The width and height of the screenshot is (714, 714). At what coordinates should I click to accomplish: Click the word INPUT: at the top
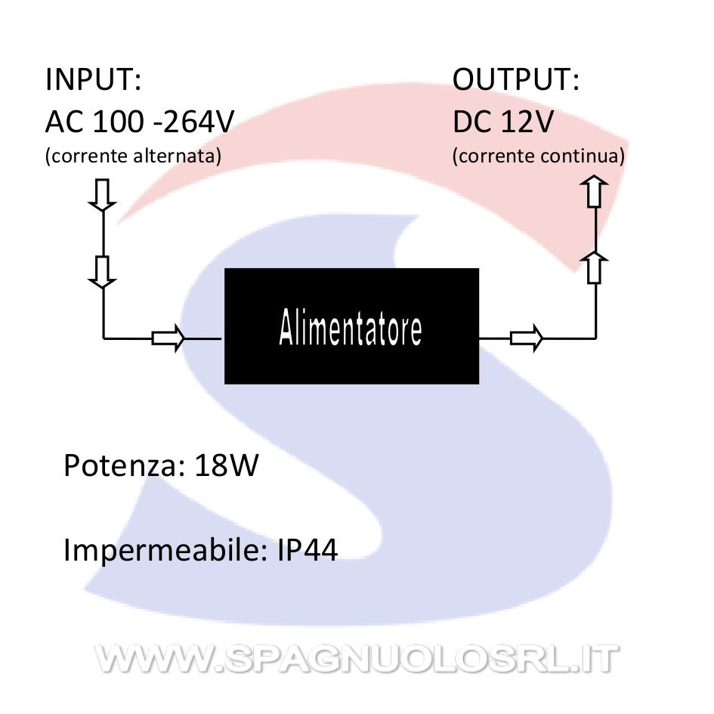[94, 79]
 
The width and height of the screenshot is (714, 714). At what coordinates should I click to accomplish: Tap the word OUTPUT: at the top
[516, 79]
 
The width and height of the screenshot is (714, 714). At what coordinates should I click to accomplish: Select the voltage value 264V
[199, 122]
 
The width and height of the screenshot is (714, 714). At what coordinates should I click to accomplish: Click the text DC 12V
[503, 122]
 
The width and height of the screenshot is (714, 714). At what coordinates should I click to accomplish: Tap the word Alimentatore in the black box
[351, 327]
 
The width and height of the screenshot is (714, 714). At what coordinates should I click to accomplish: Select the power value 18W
[227, 465]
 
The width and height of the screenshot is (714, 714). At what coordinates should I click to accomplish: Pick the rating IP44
[308, 550]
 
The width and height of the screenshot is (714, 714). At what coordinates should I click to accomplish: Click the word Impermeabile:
[165, 550]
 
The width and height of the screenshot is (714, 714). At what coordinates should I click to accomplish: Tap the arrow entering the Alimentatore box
[168, 338]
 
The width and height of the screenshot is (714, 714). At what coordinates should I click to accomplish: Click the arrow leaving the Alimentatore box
[527, 338]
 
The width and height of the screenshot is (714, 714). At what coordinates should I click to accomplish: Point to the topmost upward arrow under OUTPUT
[594, 192]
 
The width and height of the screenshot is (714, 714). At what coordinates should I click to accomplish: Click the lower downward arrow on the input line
[103, 272]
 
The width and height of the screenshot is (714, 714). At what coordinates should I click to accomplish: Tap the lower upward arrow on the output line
[594, 267]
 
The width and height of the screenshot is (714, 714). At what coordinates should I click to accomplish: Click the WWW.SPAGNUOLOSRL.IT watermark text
[357, 658]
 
